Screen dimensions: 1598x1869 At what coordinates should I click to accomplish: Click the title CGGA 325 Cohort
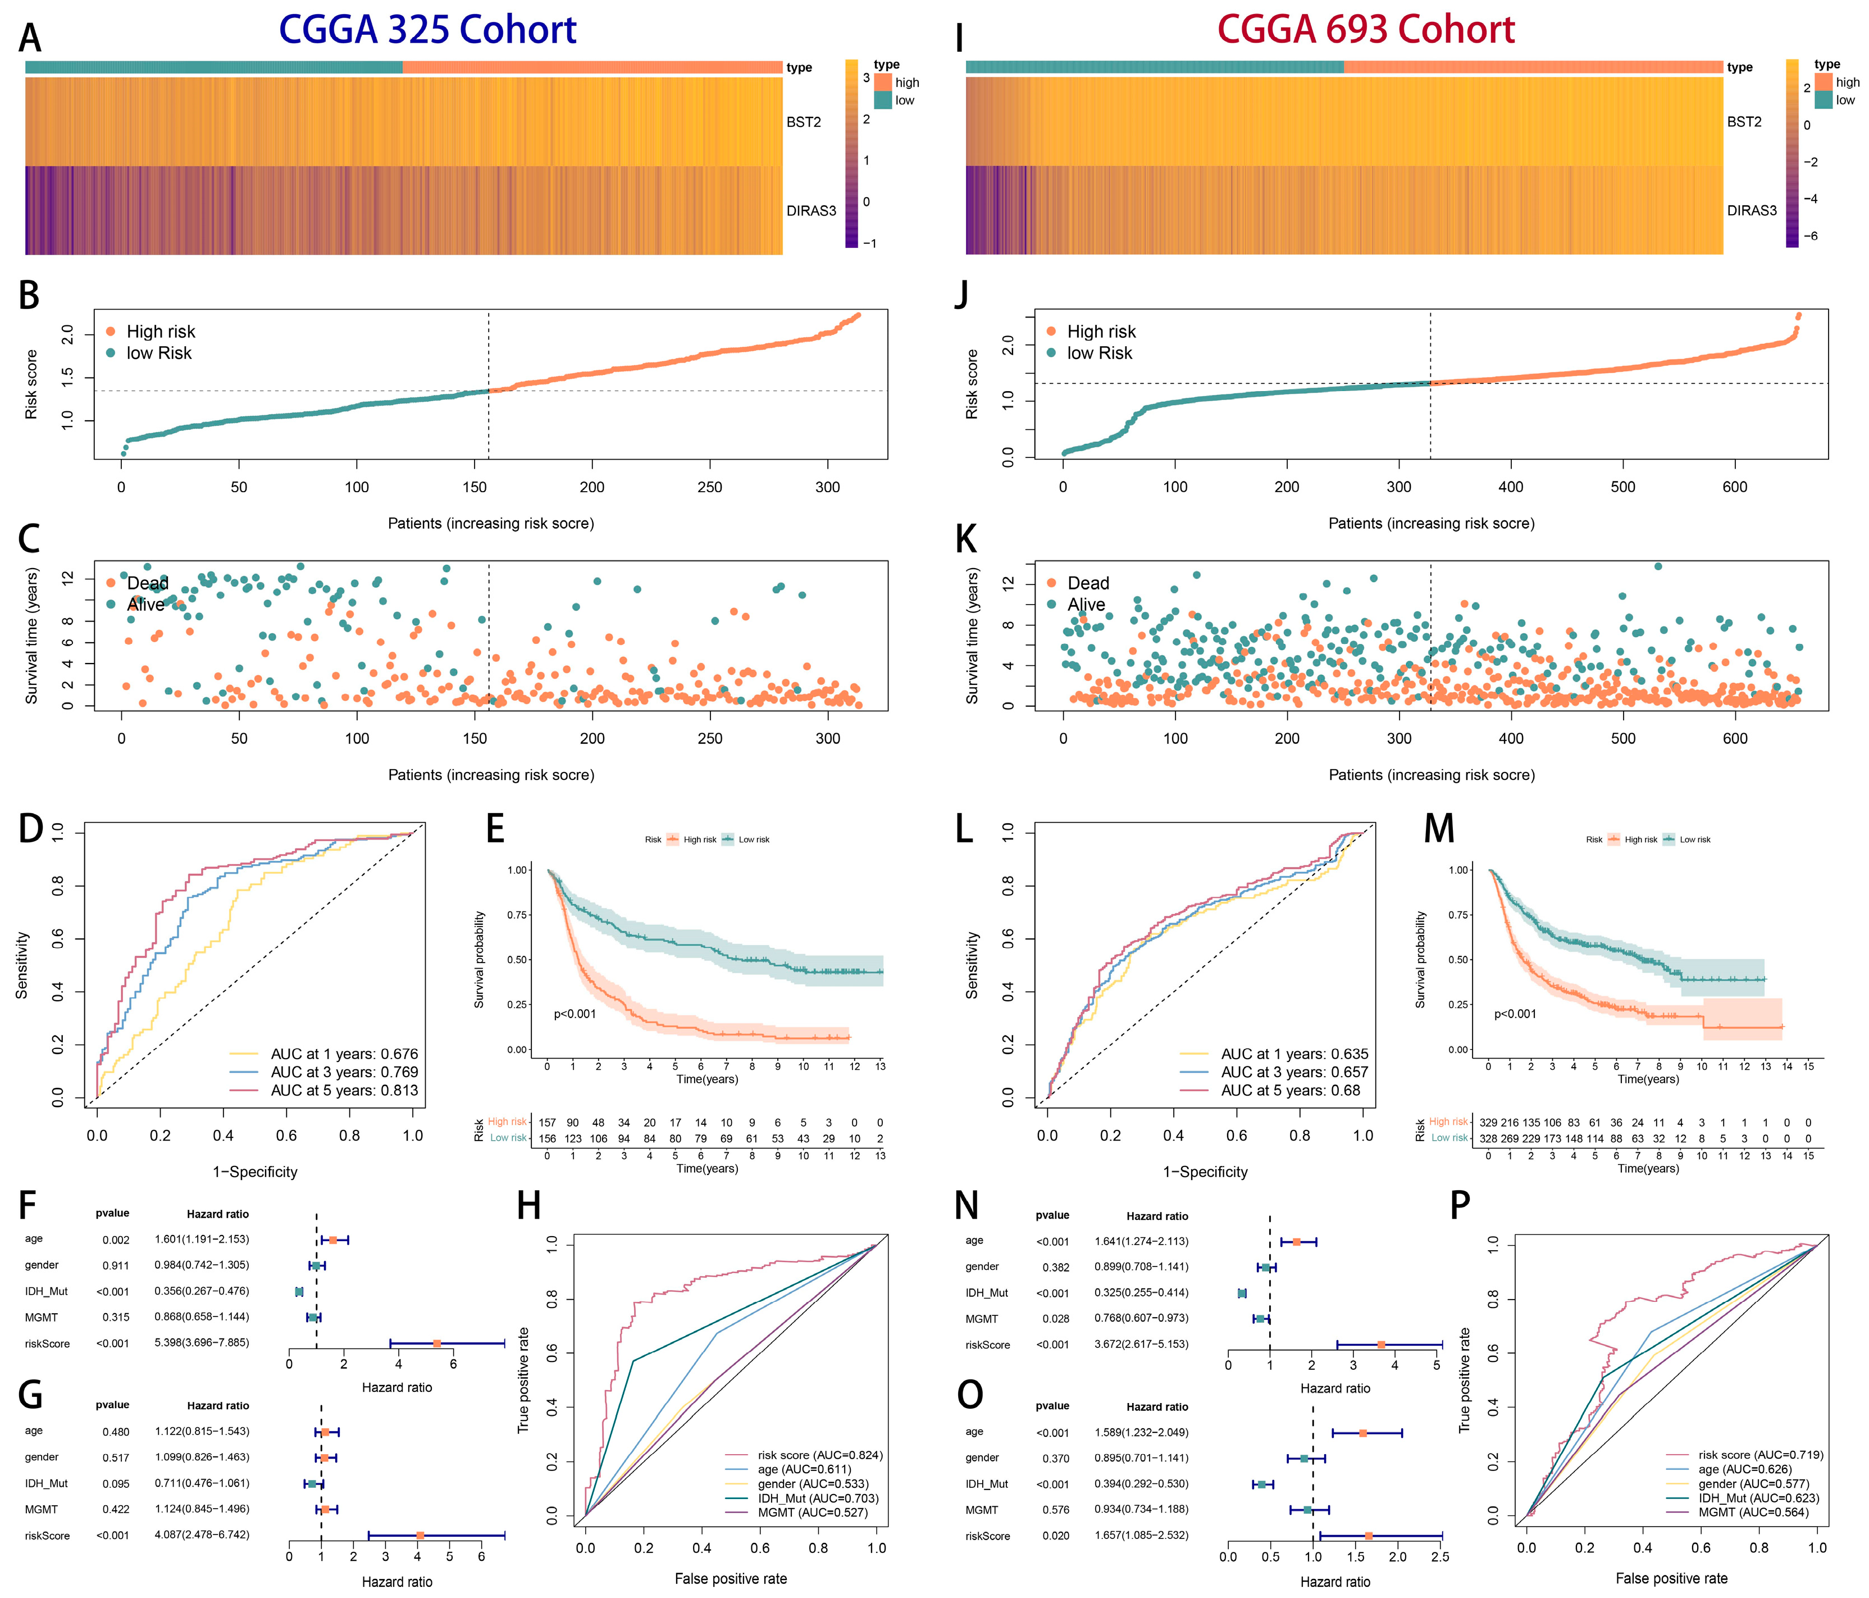click(427, 30)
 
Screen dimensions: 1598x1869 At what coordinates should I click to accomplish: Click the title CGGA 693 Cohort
click(1366, 30)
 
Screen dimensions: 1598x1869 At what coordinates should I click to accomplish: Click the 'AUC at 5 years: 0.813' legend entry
click(344, 1090)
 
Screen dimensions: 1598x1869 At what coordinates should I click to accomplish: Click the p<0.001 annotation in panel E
click(575, 1013)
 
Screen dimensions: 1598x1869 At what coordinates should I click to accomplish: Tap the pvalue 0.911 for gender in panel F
click(116, 1265)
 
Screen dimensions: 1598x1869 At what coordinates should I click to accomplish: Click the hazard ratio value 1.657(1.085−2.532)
click(1141, 1535)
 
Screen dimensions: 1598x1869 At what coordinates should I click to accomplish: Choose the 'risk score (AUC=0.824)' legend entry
click(819, 1455)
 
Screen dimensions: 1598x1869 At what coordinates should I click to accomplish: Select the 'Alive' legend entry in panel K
click(1085, 605)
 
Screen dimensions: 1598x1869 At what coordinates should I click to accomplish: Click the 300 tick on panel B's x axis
click(827, 487)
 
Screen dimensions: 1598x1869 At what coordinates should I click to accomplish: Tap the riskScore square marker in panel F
click(436, 1343)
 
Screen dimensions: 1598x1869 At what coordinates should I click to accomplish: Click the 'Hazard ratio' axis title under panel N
click(1334, 1388)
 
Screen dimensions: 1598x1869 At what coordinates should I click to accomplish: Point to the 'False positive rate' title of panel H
click(731, 1578)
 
